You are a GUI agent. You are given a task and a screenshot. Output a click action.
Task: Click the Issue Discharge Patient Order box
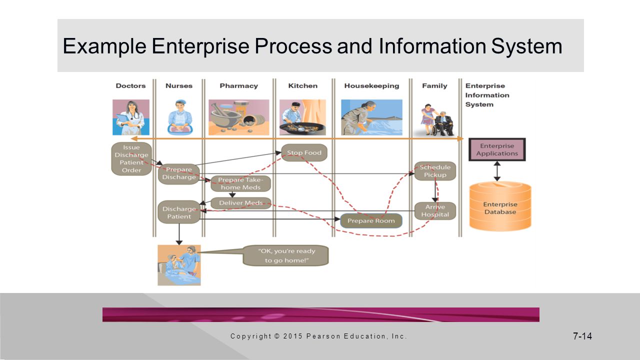pyautogui.click(x=131, y=159)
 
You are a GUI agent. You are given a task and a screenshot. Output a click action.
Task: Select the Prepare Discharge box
pyautogui.click(x=179, y=173)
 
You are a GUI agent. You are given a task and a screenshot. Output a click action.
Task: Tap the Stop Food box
pyautogui.click(x=304, y=152)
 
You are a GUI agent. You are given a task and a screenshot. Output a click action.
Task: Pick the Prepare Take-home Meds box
pyautogui.click(x=240, y=183)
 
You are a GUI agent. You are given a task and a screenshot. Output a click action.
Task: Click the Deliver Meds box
pyautogui.click(x=241, y=203)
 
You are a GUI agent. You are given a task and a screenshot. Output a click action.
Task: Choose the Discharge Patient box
pyautogui.click(x=179, y=212)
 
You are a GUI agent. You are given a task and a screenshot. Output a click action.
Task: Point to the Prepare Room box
pyautogui.click(x=371, y=221)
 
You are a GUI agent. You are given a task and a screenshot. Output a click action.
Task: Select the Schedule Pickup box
pyautogui.click(x=435, y=171)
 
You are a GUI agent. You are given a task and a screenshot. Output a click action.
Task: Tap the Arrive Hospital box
pyautogui.click(x=435, y=211)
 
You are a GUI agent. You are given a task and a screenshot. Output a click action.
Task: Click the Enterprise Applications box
pyautogui.click(x=497, y=149)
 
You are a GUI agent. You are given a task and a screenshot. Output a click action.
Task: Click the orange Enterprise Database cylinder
pyautogui.click(x=500, y=206)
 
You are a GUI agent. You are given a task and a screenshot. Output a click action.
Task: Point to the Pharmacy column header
pyautogui.click(x=239, y=85)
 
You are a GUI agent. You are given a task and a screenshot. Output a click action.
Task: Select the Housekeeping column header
pyautogui.click(x=371, y=85)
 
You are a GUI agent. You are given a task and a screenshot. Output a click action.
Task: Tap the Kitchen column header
pyautogui.click(x=303, y=85)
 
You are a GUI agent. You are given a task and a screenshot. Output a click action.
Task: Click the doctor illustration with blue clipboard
pyautogui.click(x=131, y=117)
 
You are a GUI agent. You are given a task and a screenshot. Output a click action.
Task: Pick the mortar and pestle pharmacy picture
pyautogui.click(x=239, y=117)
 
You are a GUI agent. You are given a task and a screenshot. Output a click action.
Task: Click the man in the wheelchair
pyautogui.click(x=443, y=123)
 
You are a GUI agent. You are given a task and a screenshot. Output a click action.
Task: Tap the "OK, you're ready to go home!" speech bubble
pyautogui.click(x=285, y=255)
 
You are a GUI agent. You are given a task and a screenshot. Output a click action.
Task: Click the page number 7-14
pyautogui.click(x=582, y=336)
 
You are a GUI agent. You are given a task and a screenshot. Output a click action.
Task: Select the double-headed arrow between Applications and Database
pyautogui.click(x=497, y=171)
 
